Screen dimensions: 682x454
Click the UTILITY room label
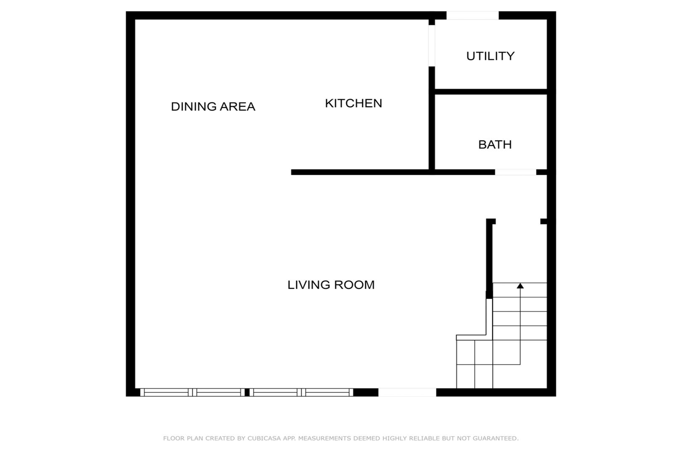pyautogui.click(x=490, y=56)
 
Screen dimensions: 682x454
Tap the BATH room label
pyautogui.click(x=495, y=145)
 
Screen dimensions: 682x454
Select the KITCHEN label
pyautogui.click(x=353, y=103)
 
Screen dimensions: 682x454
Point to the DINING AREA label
pyautogui.click(x=213, y=106)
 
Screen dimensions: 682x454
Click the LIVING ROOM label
pyautogui.click(x=331, y=285)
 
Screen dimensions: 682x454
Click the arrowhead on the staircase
pyautogui.click(x=520, y=286)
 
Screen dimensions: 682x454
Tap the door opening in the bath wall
pyautogui.click(x=515, y=172)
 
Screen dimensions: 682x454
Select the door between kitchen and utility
pyautogui.click(x=431, y=46)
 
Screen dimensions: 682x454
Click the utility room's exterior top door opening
pyautogui.click(x=472, y=16)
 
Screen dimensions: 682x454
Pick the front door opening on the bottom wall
pyautogui.click(x=407, y=392)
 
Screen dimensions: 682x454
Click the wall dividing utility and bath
pyautogui.click(x=491, y=92)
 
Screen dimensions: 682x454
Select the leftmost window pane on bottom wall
pyautogui.click(x=166, y=392)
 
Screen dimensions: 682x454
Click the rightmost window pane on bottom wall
pyautogui.click(x=327, y=392)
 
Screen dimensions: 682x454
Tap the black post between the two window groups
pyautogui.click(x=247, y=392)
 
